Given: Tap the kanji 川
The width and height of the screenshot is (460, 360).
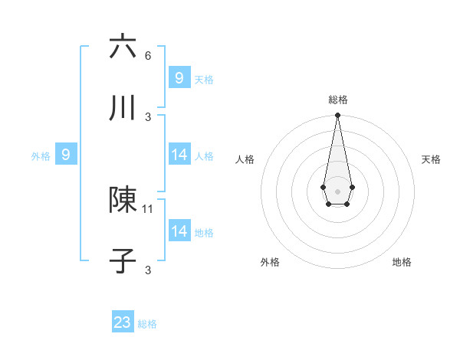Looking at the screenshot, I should [123, 108].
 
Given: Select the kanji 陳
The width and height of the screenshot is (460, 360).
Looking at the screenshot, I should [123, 200].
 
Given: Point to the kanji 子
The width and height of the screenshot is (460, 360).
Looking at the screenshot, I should [123, 261].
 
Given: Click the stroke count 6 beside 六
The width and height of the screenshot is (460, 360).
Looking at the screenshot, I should [148, 55].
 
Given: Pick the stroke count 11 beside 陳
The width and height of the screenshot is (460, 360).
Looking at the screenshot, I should [149, 208].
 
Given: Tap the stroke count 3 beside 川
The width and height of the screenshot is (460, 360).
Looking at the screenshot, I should [148, 116].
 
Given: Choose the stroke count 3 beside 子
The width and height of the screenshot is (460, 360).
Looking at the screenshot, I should [148, 270].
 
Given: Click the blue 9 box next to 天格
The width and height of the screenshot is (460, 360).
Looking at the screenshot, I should [179, 77].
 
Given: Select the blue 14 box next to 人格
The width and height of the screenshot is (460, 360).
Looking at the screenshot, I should [179, 155].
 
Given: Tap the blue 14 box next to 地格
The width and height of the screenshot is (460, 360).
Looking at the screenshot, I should [179, 231].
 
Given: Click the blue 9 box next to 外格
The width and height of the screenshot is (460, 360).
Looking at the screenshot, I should [66, 155].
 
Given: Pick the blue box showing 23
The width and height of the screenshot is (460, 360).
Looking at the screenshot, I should [123, 322].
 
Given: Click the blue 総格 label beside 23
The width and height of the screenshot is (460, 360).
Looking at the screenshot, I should [148, 324].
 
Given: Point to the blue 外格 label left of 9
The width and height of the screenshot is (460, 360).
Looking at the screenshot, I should [41, 156].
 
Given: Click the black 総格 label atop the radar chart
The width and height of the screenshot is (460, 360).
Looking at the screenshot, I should [337, 100].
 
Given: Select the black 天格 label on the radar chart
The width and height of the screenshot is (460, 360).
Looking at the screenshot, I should [431, 159].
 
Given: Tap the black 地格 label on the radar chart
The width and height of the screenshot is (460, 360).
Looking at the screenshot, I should [402, 262].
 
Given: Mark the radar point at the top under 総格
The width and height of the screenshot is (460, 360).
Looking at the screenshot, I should [337, 116].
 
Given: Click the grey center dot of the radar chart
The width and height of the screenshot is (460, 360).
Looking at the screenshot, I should [337, 190].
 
